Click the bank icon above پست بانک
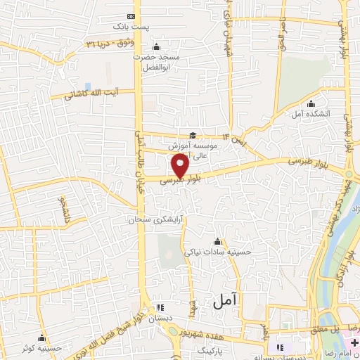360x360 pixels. tap(131, 15)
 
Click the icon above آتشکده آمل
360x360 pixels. tap(311, 105)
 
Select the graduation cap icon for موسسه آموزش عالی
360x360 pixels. tap(192, 136)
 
